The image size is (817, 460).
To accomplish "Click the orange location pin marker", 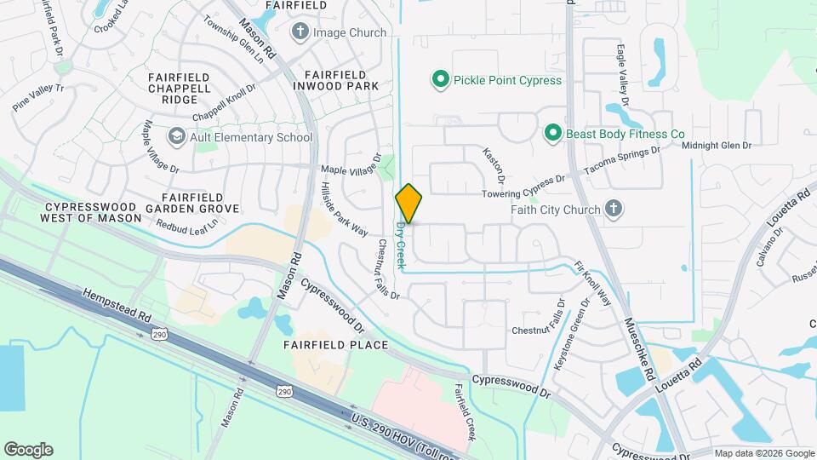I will coord(408,204).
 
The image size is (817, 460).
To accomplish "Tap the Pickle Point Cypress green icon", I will coord(440,80).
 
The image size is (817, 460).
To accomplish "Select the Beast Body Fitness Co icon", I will coord(552,134).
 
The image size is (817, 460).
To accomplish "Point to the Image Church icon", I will coord(300,32).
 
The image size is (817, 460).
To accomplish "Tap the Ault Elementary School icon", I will coord(176,136).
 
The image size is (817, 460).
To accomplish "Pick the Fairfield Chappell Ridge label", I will coord(179,88).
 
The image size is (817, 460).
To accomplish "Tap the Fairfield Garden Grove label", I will coord(191,202).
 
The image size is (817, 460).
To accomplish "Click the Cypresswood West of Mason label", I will coord(90,212).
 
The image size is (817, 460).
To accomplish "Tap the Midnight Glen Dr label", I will coord(717,146).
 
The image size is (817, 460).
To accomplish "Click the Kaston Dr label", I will coord(494,165).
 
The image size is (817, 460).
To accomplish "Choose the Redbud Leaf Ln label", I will coord(187,225).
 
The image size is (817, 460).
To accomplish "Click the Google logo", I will coord(28,450).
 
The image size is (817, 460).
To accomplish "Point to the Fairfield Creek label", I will coord(464,413).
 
